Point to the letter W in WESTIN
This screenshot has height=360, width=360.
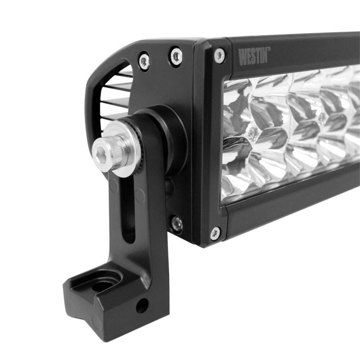click(242, 58)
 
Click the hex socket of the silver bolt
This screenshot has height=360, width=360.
click(101, 153)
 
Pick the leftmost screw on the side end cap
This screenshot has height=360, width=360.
click(144, 61)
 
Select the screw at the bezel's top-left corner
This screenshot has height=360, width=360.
click(219, 55)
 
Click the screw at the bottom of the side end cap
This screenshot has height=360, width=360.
click(176, 223)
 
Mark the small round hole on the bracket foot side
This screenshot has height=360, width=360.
click(141, 306)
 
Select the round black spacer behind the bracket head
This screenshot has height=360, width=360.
click(173, 135)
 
